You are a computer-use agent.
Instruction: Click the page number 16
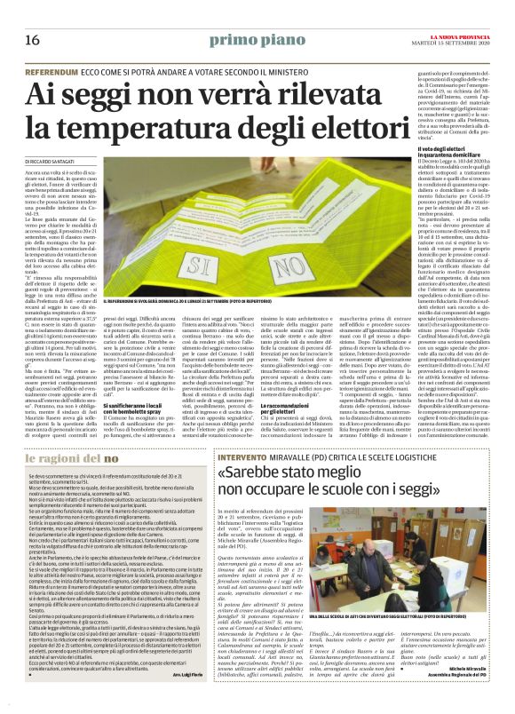pos(31,41)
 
